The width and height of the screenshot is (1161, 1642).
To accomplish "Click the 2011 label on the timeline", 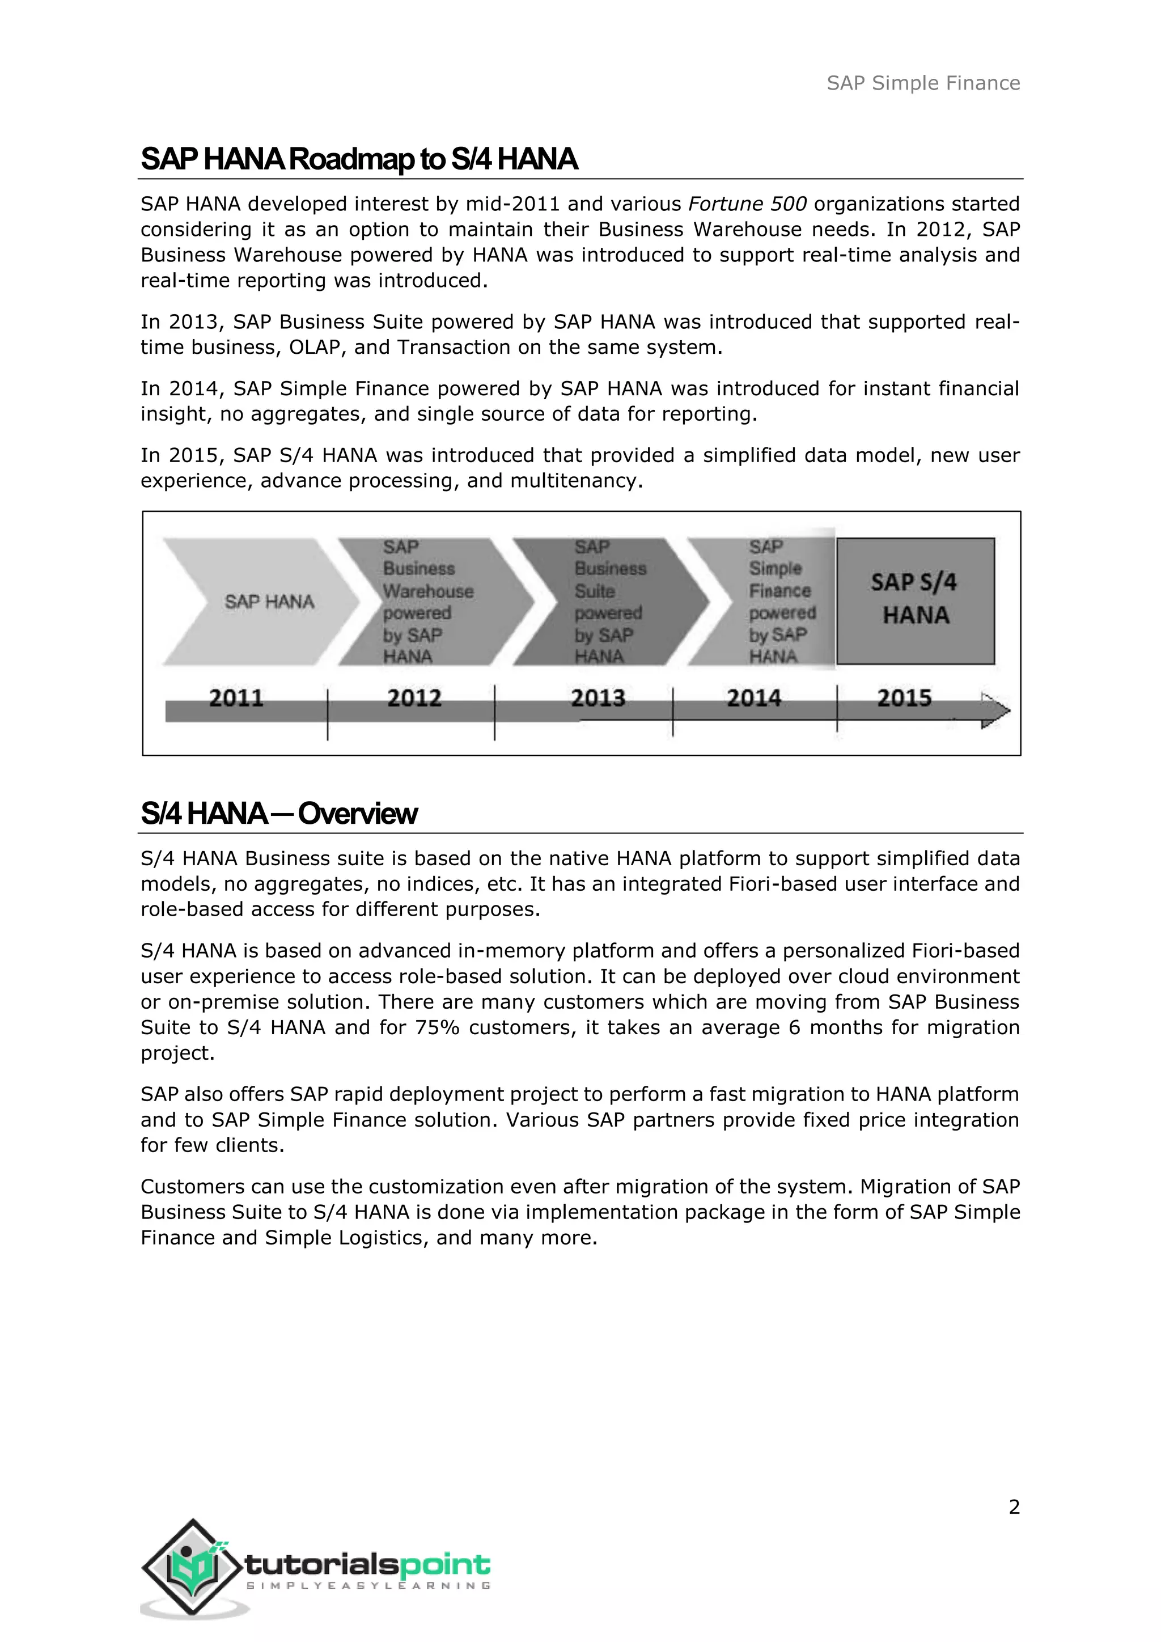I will click(236, 697).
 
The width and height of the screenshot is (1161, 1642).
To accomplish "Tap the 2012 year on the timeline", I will click(414, 697).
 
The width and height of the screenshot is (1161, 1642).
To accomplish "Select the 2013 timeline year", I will click(598, 697).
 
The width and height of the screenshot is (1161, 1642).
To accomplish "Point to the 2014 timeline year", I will click(753, 697).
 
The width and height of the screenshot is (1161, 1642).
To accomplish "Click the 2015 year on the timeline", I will click(904, 697).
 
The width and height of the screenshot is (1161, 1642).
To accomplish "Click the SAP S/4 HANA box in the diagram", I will click(915, 601).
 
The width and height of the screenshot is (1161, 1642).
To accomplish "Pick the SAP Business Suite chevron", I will click(608, 602).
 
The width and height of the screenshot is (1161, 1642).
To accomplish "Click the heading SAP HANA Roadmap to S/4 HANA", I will click(359, 159).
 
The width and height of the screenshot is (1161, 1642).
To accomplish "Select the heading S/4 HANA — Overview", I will click(279, 813).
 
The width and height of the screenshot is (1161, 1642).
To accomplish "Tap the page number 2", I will click(1014, 1507).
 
